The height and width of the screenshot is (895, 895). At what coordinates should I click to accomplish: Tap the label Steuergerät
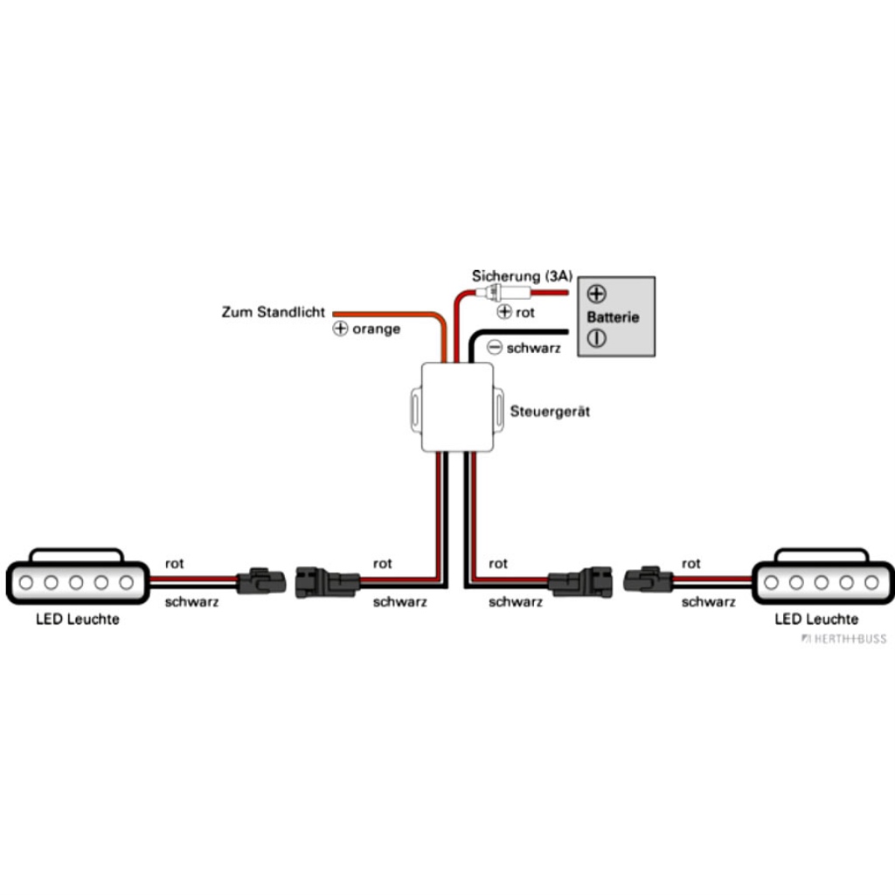click(549, 410)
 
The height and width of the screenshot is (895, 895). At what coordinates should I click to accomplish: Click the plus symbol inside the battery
click(597, 294)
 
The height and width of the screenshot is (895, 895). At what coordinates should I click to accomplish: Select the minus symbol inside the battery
click(597, 338)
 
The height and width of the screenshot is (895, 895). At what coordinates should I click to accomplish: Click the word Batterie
click(613, 316)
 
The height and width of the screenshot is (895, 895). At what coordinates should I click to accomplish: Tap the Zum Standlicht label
click(273, 311)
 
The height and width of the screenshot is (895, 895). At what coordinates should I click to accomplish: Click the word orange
click(376, 330)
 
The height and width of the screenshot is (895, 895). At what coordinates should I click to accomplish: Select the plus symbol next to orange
click(341, 330)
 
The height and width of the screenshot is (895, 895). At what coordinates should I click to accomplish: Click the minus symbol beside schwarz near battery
click(495, 347)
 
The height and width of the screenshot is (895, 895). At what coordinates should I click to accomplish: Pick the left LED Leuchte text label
click(77, 620)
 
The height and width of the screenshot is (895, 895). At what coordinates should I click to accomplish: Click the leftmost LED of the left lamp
click(27, 582)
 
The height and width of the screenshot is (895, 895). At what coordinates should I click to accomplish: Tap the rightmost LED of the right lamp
click(871, 582)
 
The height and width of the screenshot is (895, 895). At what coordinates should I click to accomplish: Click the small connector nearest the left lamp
click(261, 580)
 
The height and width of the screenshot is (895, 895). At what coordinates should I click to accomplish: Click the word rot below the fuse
click(524, 312)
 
